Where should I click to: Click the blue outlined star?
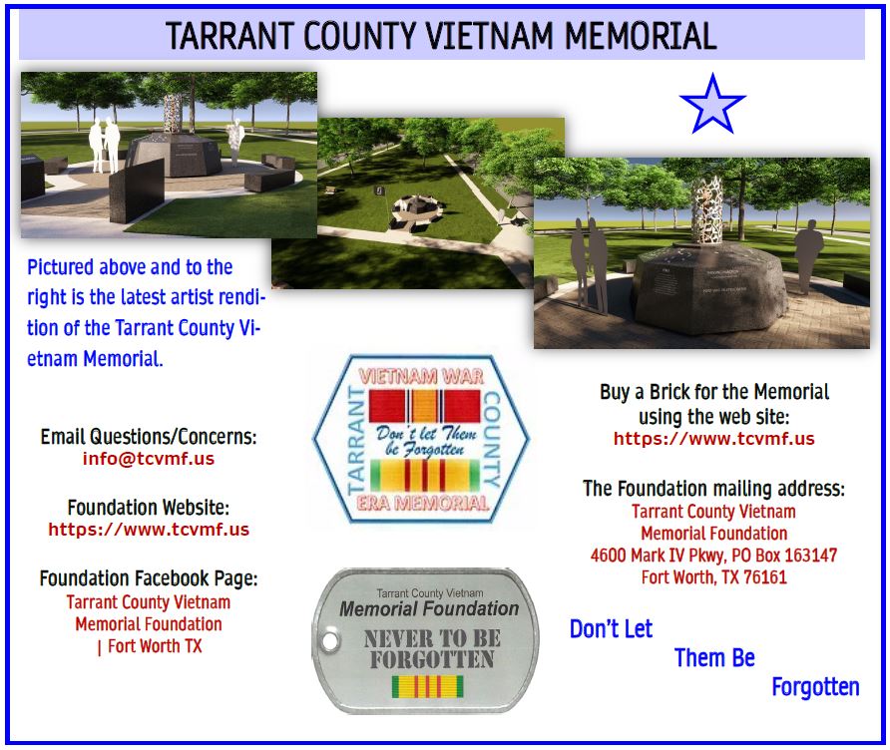pos(711,105)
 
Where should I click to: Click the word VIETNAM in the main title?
pos(489,36)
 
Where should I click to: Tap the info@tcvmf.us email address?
pos(149,459)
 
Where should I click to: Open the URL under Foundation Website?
pos(149,530)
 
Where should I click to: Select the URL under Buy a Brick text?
pos(714,439)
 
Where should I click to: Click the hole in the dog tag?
pos(330,641)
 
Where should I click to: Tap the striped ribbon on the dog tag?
pos(427,686)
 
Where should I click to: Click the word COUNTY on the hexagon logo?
pos(492,440)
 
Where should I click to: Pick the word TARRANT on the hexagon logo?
pos(356,440)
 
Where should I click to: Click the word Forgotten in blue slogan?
pos(815,686)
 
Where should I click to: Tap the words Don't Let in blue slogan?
pos(611,628)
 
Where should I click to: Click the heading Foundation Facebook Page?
pos(149,578)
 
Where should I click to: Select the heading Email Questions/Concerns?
pos(149,436)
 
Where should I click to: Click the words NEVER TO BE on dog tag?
pos(432,638)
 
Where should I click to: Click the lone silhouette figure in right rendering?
pos(808,252)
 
